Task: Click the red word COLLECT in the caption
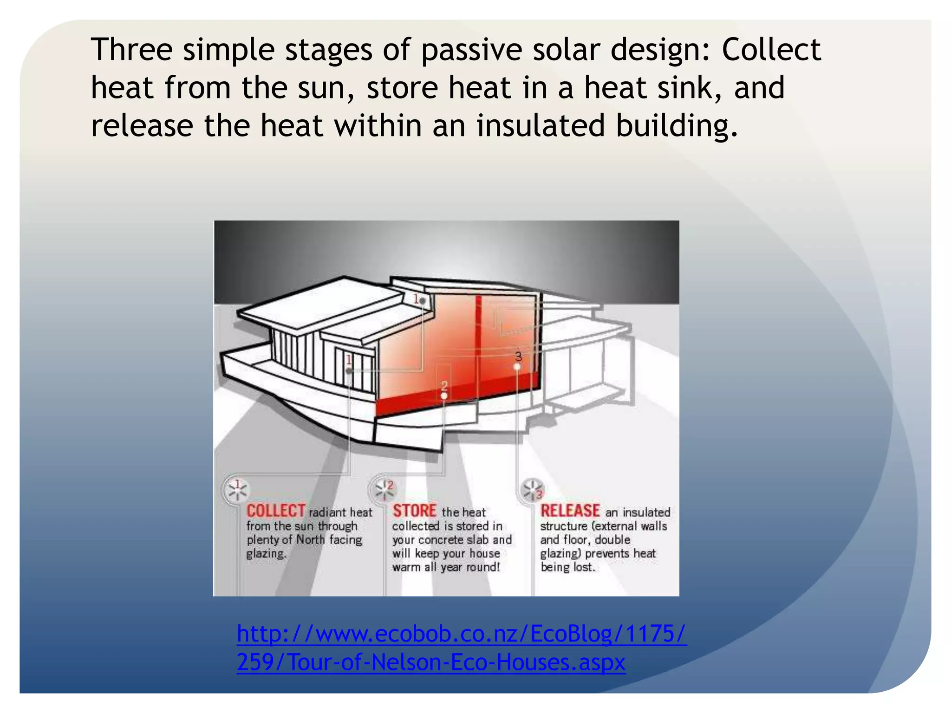point(275,511)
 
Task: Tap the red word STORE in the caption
point(414,511)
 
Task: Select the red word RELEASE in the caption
point(570,511)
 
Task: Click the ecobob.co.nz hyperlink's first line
point(461,634)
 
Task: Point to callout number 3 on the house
point(518,356)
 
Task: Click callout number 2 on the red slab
point(444,387)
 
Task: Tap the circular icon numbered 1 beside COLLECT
point(237,490)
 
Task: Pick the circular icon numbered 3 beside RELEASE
point(533,490)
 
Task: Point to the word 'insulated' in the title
point(541,126)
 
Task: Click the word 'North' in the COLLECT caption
point(310,540)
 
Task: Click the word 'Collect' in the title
point(771,50)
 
